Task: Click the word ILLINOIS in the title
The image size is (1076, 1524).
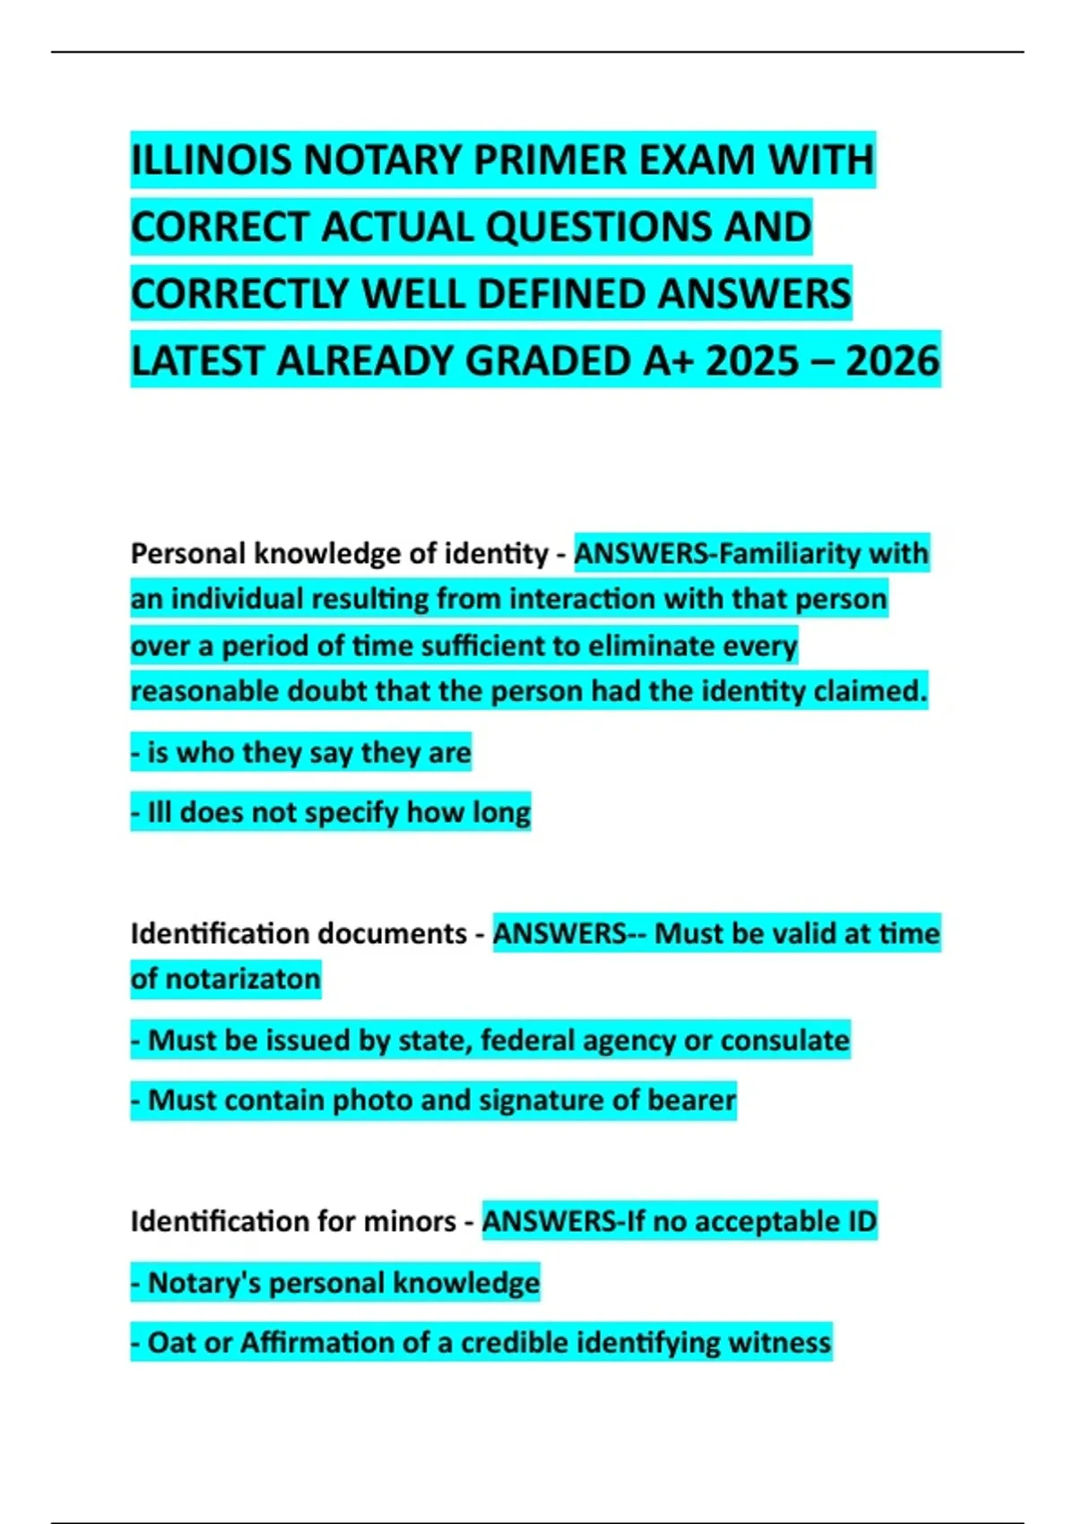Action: pos(212,160)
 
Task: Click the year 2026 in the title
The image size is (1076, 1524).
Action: pos(892,361)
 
